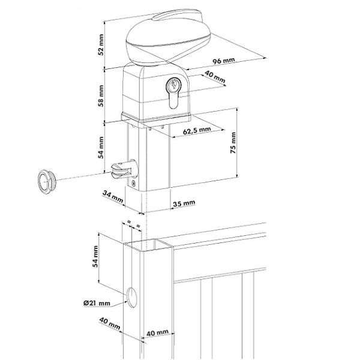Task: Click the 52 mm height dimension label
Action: [x=101, y=44]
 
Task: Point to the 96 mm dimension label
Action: [x=224, y=61]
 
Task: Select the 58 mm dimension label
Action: [x=101, y=96]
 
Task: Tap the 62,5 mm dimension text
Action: [x=197, y=130]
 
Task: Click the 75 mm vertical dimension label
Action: [x=233, y=143]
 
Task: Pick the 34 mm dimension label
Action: [x=113, y=197]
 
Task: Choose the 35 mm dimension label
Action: [x=184, y=203]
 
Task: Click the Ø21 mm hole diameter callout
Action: [x=97, y=303]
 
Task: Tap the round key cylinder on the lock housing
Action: [x=173, y=85]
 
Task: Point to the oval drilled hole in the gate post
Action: [x=132, y=298]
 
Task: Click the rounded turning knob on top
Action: [x=168, y=38]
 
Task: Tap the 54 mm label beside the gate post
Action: [x=95, y=256]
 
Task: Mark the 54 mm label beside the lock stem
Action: [x=101, y=147]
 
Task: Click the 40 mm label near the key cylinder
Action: [x=215, y=77]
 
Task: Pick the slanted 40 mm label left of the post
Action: [x=110, y=323]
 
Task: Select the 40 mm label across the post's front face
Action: [x=157, y=332]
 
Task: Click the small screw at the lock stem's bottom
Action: [x=133, y=183]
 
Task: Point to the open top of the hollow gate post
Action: [x=148, y=245]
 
